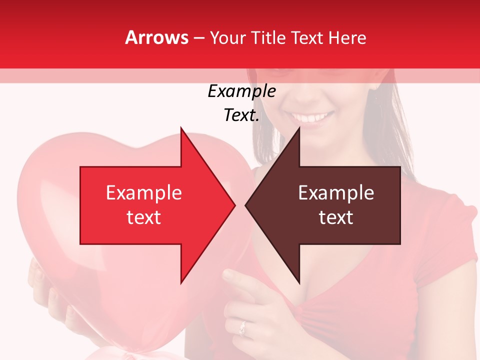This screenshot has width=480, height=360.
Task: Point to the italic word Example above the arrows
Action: (x=241, y=91)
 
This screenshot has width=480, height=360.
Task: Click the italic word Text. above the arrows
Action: (x=241, y=115)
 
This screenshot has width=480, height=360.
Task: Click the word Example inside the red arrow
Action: (x=143, y=193)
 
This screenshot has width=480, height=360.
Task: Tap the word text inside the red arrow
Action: (x=143, y=217)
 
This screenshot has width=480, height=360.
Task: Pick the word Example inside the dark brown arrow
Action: (x=336, y=193)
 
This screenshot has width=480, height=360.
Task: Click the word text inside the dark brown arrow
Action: (x=336, y=217)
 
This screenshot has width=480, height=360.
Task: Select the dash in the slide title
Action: (x=198, y=38)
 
